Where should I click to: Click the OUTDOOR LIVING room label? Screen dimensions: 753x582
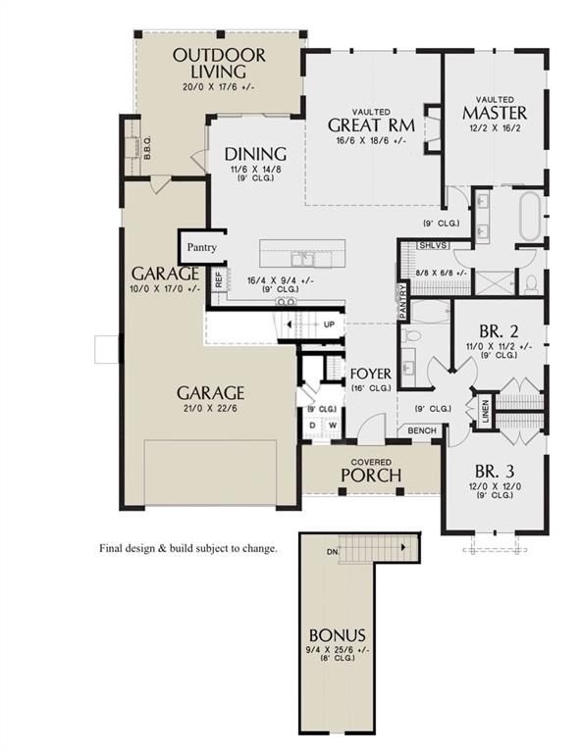218,63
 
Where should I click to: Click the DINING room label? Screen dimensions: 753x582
255,154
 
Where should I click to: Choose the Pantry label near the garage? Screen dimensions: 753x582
202,248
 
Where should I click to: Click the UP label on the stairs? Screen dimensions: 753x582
329,325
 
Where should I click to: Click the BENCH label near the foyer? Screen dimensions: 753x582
422,430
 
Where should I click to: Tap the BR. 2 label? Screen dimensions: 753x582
497,330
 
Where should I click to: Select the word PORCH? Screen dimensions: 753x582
371,476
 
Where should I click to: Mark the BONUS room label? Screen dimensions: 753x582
336,634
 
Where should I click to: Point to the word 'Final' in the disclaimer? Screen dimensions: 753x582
112,548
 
